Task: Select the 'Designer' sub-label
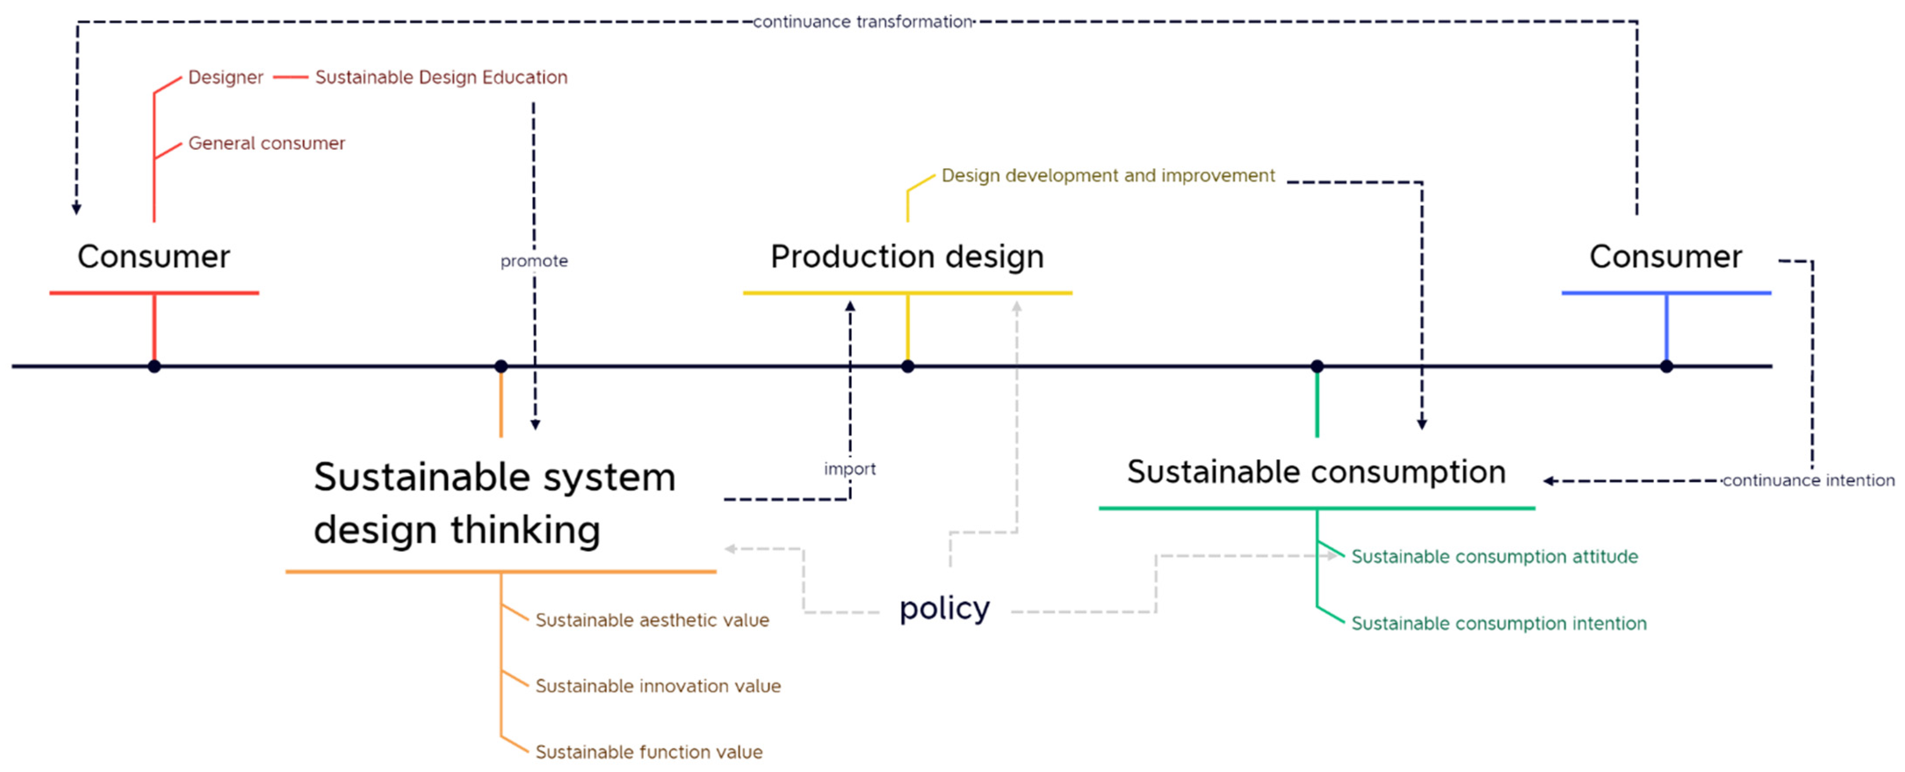click(x=226, y=78)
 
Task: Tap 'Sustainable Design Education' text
click(x=441, y=78)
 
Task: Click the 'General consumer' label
click(x=266, y=144)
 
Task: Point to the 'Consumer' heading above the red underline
click(x=154, y=256)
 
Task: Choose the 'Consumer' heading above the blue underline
click(x=1665, y=256)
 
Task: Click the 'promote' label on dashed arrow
click(x=534, y=261)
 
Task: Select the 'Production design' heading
click(x=907, y=256)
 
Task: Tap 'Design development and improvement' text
click(x=1108, y=176)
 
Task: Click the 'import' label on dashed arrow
click(x=850, y=469)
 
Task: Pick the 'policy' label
click(x=944, y=609)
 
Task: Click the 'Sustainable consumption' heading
click(x=1317, y=472)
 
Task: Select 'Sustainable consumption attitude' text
click(x=1494, y=557)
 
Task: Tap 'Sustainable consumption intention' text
click(x=1499, y=624)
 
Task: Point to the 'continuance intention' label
click(x=1808, y=481)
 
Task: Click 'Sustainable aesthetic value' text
click(x=652, y=620)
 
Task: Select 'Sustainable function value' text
click(x=649, y=752)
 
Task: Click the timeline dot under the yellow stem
click(x=907, y=366)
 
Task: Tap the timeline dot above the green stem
click(x=1317, y=366)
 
